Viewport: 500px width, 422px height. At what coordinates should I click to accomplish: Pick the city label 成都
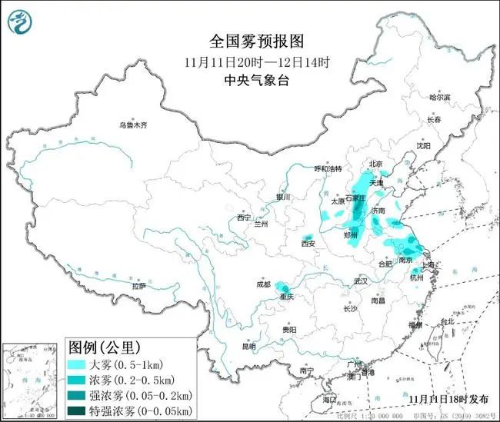tap(265, 284)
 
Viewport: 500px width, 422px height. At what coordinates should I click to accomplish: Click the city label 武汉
tap(360, 281)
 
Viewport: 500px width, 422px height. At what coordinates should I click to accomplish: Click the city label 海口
tap(329, 400)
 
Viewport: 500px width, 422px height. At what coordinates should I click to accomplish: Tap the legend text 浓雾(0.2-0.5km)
tap(134, 380)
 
